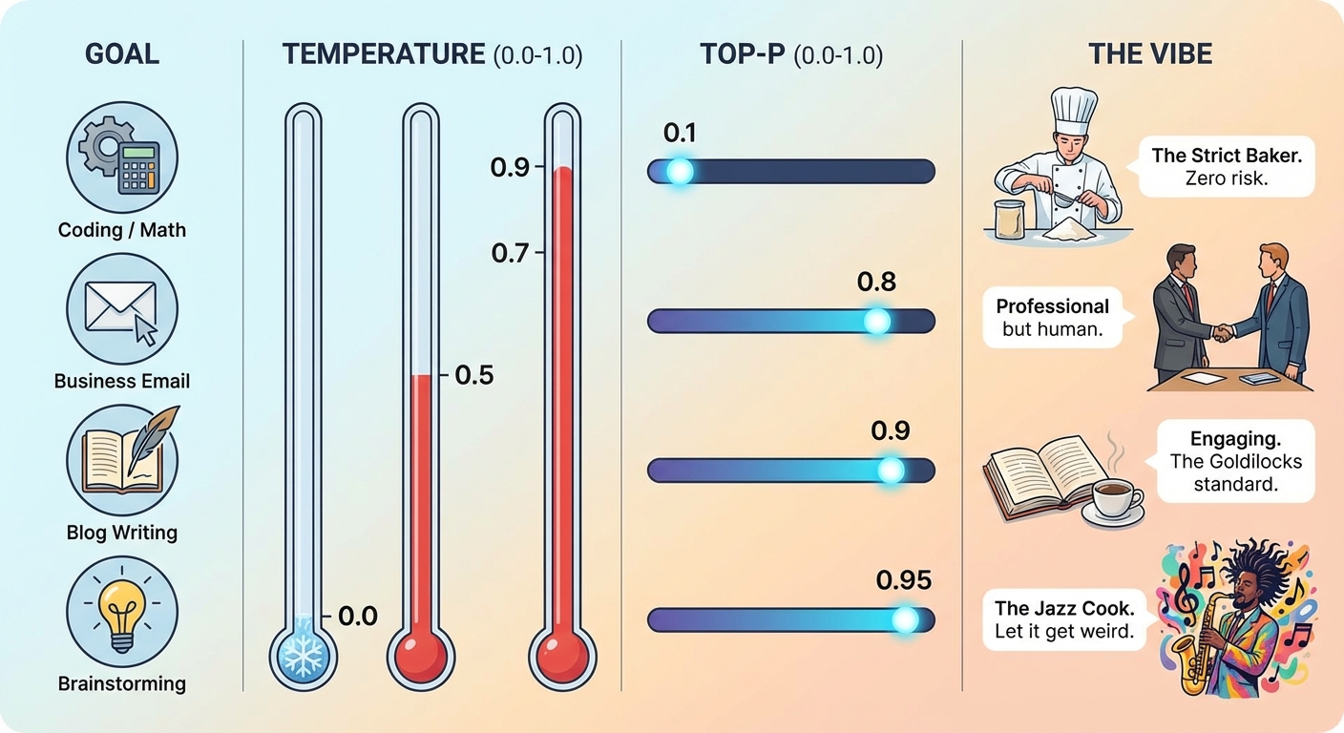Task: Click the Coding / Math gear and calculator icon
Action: (122, 158)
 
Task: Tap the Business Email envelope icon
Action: (122, 309)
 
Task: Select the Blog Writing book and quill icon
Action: (122, 459)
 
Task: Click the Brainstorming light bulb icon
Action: (122, 611)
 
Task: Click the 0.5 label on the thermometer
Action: (473, 375)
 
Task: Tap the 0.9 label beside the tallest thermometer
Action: (509, 168)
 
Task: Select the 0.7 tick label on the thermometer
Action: (509, 254)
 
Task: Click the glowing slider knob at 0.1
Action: (680, 172)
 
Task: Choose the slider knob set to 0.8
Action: (876, 322)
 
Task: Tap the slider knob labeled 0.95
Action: (904, 620)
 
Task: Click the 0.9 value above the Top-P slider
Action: (891, 430)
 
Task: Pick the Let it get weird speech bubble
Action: (1064, 619)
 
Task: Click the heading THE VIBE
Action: (1150, 54)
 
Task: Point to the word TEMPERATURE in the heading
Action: (384, 54)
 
